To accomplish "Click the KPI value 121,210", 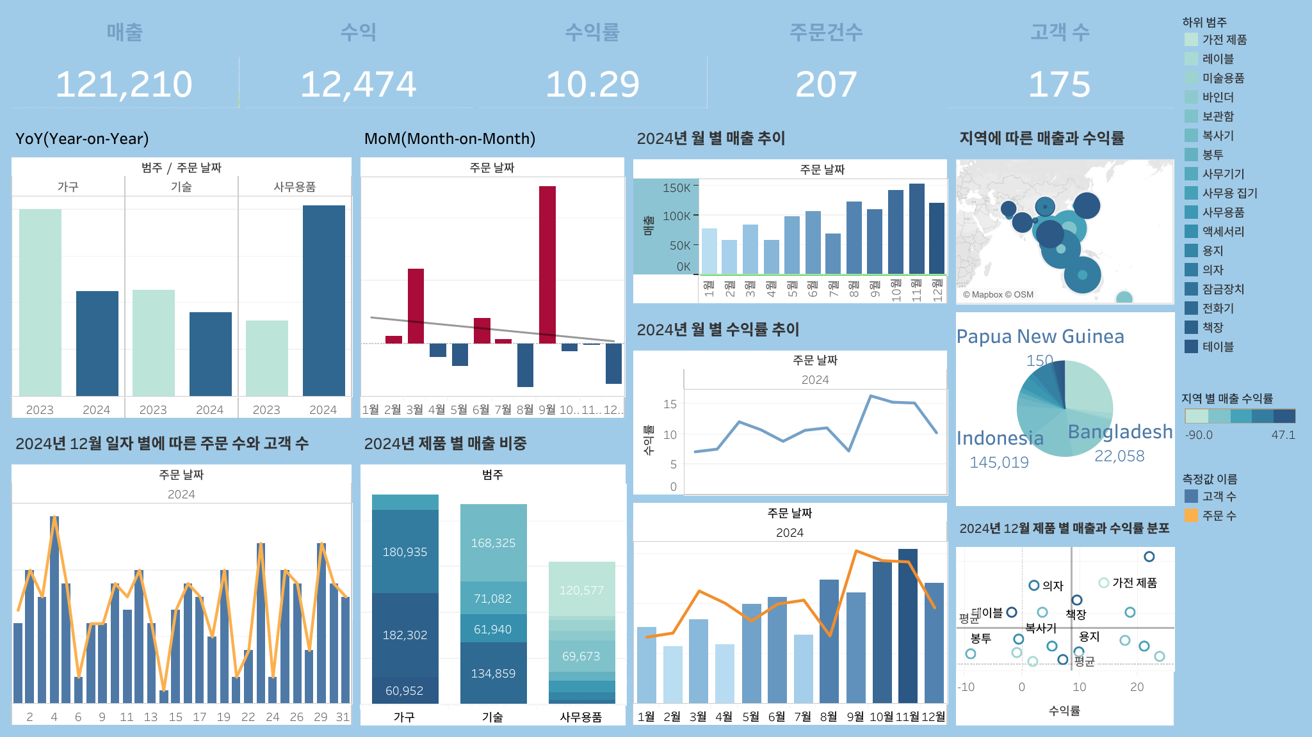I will coord(124,84).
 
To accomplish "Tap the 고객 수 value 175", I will coord(1059,84).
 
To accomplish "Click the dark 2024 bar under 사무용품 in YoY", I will coord(323,300).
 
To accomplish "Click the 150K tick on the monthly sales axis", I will coord(677,188).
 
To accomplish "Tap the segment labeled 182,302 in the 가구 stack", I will coord(405,635).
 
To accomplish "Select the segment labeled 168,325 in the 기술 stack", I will coord(493,543).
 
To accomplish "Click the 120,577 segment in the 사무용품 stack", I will coord(581,590).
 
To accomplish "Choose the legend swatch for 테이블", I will coord(1191,347).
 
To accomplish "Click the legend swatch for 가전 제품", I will coord(1191,40).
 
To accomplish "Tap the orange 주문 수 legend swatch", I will coord(1191,516).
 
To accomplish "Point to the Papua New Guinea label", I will coord(1040,337).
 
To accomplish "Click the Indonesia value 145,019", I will coord(999,462).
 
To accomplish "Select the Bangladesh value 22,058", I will coord(1119,456).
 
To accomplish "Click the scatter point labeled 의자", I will coord(1033,585).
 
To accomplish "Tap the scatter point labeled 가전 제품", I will coord(1103,583).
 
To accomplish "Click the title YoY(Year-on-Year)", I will coord(82,139).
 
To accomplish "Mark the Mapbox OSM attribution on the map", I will coord(998,295).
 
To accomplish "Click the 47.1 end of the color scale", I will coord(1283,435).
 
